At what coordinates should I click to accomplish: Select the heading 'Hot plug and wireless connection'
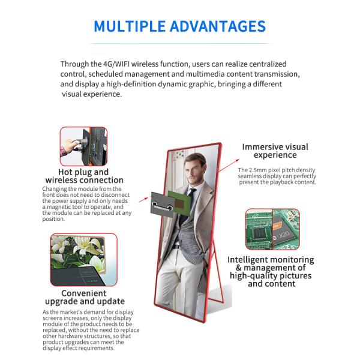click(84, 176)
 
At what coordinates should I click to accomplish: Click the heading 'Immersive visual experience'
click(275, 151)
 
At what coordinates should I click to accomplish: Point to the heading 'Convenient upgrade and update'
click(84, 297)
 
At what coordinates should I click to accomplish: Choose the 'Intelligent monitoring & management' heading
click(271, 270)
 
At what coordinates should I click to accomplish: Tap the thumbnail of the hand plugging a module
click(83, 146)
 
